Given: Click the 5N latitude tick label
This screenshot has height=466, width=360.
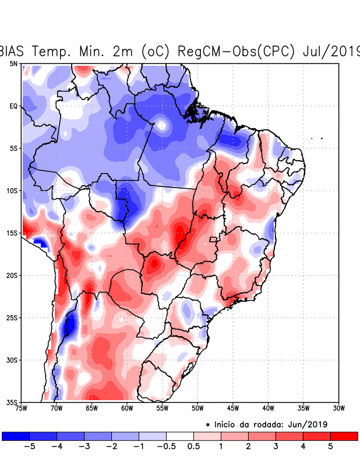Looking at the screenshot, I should coord(13,63).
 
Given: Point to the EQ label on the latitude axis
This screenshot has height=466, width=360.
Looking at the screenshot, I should coord(13,106).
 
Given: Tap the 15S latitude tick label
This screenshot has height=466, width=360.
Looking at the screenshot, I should coord(12,233).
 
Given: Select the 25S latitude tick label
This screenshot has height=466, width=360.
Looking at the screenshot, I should coord(12,317).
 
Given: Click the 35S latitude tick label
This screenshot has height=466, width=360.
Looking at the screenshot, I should coord(12,402).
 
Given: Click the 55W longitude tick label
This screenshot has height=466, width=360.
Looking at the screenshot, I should coord(162,408).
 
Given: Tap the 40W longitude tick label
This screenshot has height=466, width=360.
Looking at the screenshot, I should coord(268,408).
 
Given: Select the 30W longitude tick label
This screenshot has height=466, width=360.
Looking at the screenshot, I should coord(338,408).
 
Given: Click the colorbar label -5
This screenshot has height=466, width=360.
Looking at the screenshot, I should coord(29,446).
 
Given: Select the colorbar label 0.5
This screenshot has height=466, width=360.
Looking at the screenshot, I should coord(193,446).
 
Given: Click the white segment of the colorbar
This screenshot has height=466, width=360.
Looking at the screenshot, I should coord(180,436).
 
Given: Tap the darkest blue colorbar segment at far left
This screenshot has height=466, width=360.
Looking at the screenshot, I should coord(16,436).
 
